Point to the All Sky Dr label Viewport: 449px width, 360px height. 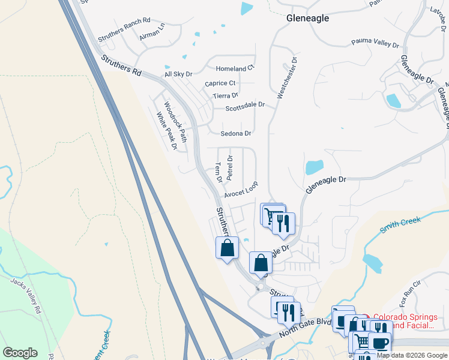pos(178,74)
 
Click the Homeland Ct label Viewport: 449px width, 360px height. pos(235,68)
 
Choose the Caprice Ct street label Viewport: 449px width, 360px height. pos(220,83)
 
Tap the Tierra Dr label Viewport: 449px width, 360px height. pos(226,95)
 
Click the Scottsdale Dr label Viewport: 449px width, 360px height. pos(246,107)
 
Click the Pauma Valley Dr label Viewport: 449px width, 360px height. pos(375,44)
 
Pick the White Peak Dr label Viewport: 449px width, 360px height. pos(167,131)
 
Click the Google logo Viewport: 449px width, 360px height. pos(20,352)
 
